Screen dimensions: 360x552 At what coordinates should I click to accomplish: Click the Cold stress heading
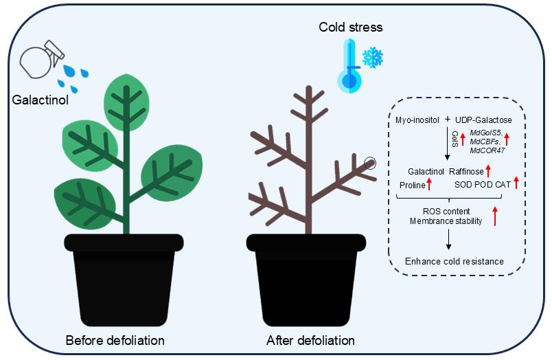(350, 27)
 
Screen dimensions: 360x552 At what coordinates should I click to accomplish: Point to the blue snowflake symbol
(373, 58)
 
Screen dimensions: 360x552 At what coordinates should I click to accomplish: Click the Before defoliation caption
(115, 340)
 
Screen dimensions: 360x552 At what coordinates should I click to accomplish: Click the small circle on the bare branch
(370, 163)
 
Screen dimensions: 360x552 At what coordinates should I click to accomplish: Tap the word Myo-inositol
(418, 120)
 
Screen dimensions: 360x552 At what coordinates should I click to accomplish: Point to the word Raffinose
(467, 171)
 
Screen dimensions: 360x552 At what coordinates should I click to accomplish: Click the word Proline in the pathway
(412, 185)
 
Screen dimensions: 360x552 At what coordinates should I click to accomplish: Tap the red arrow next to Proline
(430, 184)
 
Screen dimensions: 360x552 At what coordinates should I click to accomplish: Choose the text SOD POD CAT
(483, 185)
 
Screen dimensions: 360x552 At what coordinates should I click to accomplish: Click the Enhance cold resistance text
(455, 261)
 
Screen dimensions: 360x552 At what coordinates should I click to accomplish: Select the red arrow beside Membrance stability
(494, 215)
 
